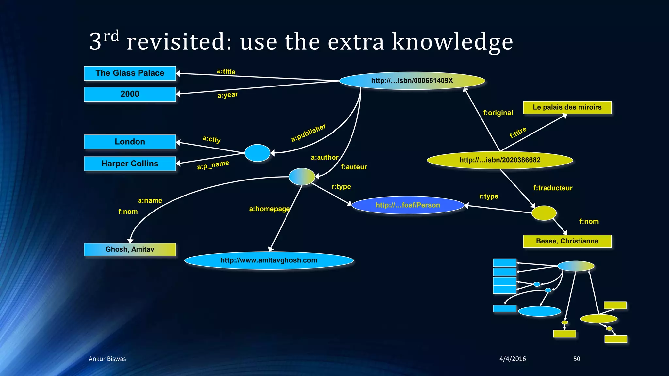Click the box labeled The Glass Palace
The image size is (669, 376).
pos(130,73)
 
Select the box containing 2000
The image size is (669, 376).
pos(130,94)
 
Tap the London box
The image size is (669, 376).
pos(130,142)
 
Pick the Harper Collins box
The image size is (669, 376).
pos(130,164)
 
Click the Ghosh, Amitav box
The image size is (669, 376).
pos(130,249)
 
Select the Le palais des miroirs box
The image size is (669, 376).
pos(567,107)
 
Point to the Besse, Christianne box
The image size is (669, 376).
pos(567,241)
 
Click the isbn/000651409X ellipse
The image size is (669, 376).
pos(412,81)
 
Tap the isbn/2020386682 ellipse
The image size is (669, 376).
pos(500,160)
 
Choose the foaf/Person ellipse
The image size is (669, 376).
pos(408,205)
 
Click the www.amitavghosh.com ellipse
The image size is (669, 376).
pos(269,260)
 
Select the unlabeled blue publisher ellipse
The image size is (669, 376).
pos(257,153)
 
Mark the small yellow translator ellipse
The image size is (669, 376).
pos(544,213)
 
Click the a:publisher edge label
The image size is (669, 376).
pos(308,133)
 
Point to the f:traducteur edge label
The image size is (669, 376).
pos(553,188)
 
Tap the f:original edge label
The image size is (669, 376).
pos(498,113)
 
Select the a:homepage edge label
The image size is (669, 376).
pos(269,209)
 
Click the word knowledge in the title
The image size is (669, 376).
pos(452,42)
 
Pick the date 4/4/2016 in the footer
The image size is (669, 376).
pos(513,359)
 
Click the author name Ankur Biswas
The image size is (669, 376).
pos(107,359)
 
